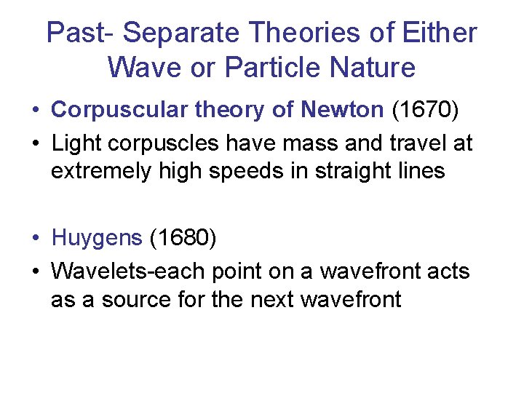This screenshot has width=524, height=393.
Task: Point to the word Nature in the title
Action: coord(373,68)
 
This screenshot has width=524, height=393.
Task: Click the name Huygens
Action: coord(98,238)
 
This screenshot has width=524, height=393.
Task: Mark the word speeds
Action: coord(249,171)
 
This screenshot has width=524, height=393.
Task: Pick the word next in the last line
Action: coord(280,299)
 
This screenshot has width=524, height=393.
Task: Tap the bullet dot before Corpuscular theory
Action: coord(36,111)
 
